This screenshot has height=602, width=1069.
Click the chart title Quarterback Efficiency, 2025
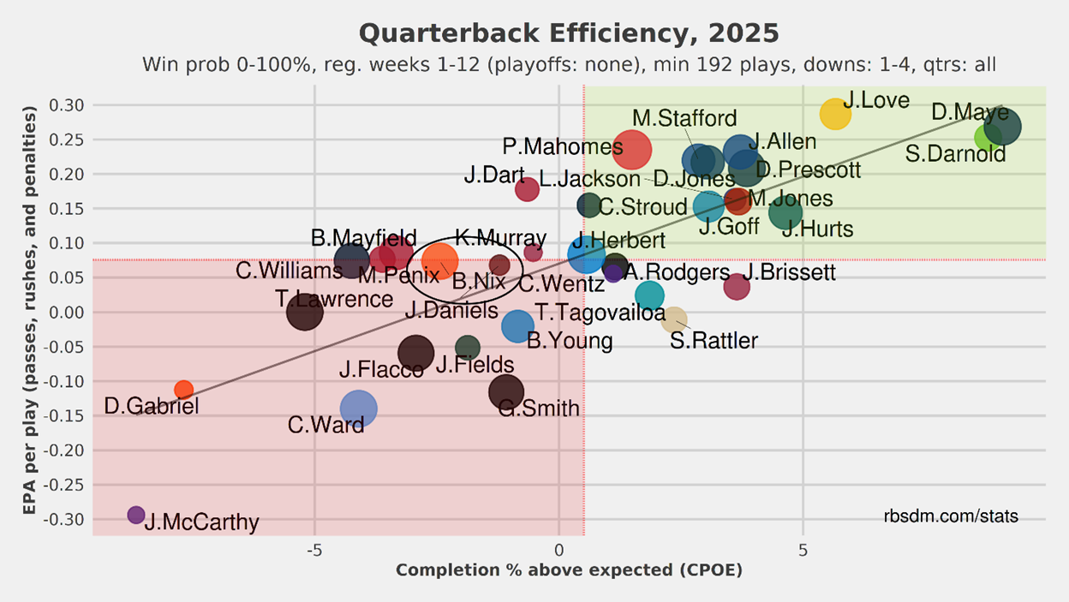pyautogui.click(x=569, y=34)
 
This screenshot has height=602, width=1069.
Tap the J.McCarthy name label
pyautogui.click(x=201, y=522)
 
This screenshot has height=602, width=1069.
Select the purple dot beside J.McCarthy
pyautogui.click(x=136, y=515)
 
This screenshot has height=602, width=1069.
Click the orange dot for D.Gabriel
pyautogui.click(x=183, y=390)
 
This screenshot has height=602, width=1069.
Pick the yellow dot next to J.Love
pyautogui.click(x=835, y=114)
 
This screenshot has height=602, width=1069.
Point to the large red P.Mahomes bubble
pyautogui.click(x=632, y=149)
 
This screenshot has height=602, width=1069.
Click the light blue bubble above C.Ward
pyautogui.click(x=358, y=408)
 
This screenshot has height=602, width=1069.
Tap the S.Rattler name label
pyautogui.click(x=714, y=341)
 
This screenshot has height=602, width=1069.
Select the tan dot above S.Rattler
pyautogui.click(x=674, y=319)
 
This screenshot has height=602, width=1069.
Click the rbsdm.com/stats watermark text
pyautogui.click(x=951, y=516)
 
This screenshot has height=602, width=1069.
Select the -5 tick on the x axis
pyautogui.click(x=314, y=549)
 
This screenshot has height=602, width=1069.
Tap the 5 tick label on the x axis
pyautogui.click(x=803, y=549)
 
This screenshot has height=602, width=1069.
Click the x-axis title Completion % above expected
pyautogui.click(x=569, y=570)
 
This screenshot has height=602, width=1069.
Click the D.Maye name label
pyautogui.click(x=970, y=111)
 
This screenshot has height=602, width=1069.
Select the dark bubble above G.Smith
pyautogui.click(x=506, y=391)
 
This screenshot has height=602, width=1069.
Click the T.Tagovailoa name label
pyautogui.click(x=600, y=313)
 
